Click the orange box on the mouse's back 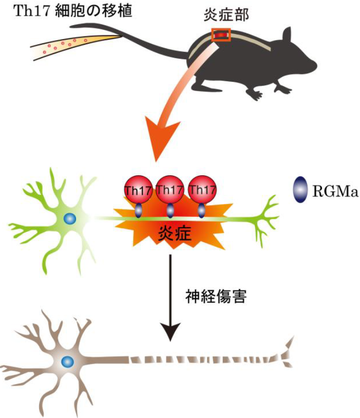[222, 35]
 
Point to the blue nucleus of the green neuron [70, 218]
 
